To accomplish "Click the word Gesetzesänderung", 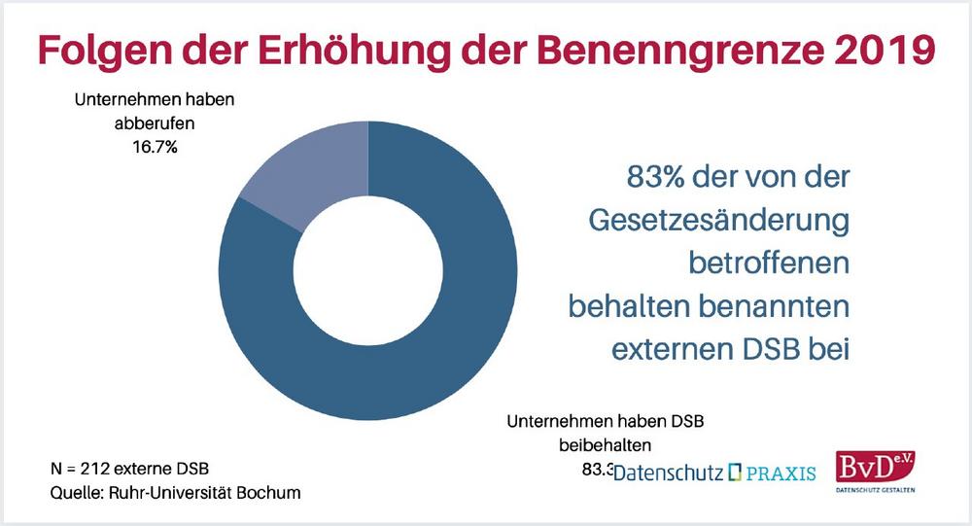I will (x=720, y=221).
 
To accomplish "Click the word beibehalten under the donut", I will (x=603, y=445).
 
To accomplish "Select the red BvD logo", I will (x=873, y=467).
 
